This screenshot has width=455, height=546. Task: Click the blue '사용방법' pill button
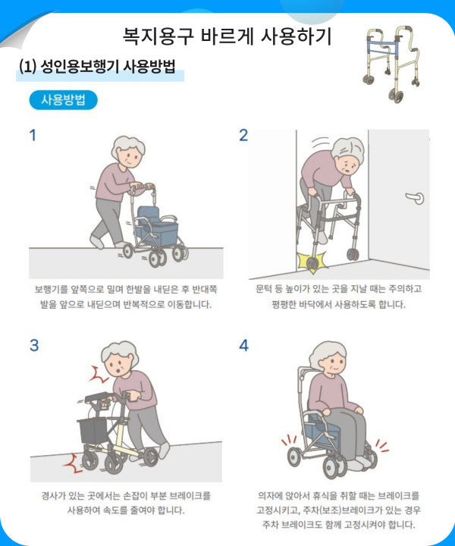pyautogui.click(x=64, y=100)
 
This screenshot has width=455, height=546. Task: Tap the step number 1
pyautogui.click(x=33, y=135)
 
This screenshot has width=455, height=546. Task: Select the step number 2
pyautogui.click(x=243, y=135)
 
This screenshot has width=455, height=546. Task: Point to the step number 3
pyautogui.click(x=34, y=345)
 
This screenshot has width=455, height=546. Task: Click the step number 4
pyautogui.click(x=243, y=345)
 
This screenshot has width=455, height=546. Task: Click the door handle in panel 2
pyautogui.click(x=415, y=198)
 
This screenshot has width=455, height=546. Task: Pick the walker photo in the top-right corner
pyautogui.click(x=393, y=64)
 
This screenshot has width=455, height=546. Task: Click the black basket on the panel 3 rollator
pyautogui.click(x=93, y=431)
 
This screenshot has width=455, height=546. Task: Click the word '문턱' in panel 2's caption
pyautogui.click(x=264, y=289)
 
